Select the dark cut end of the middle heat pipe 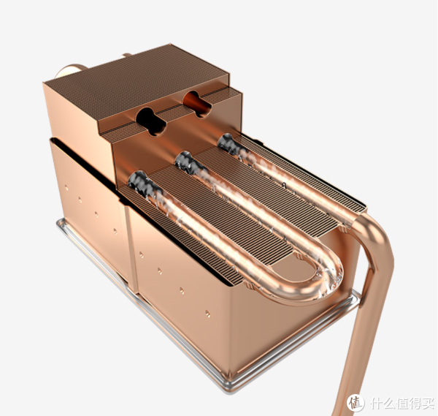185,162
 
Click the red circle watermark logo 356,403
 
